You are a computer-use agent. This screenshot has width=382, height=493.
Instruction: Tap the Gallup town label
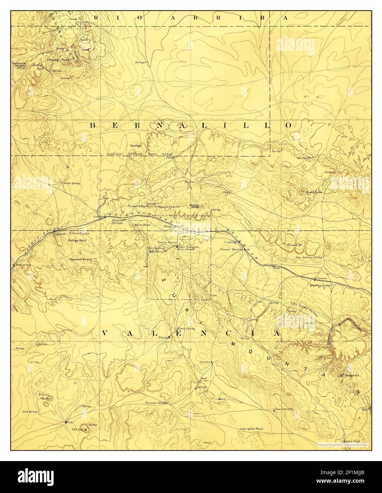(x=98, y=216)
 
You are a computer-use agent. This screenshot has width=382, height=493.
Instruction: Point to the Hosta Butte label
(x=313, y=192)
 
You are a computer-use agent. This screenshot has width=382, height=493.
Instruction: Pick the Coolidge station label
(x=231, y=242)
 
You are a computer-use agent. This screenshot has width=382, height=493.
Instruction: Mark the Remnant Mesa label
(x=80, y=259)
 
